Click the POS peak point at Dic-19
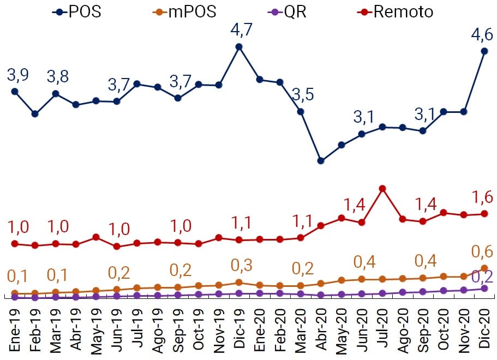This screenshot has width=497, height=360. (238, 47)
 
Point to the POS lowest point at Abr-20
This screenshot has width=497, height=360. (321, 161)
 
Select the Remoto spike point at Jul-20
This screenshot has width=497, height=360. (382, 189)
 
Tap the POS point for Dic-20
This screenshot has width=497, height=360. (484, 51)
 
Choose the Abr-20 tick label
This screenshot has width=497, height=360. (322, 329)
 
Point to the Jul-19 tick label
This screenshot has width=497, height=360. (138, 329)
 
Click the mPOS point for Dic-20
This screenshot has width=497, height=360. (484, 268)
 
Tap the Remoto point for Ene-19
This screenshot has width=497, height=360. (15, 244)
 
